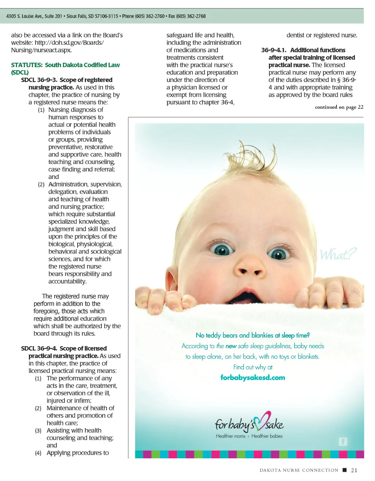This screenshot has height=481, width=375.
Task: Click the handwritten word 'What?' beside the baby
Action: pos(338,254)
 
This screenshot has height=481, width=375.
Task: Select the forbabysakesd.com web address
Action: pos(253,377)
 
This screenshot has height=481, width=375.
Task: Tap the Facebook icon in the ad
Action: pos(343,441)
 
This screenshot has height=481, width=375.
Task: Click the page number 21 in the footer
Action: pos(354,470)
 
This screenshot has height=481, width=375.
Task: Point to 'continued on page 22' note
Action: pos(339,107)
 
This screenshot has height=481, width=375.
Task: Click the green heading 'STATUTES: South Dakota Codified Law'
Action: pos(65,65)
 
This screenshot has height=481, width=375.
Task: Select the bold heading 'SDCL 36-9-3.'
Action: pos(39,80)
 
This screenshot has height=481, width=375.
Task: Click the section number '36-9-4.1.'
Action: pos(274,50)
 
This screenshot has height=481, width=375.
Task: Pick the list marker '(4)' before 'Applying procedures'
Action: pos(38,453)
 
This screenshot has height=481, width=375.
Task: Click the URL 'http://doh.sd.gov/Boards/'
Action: pos(69,42)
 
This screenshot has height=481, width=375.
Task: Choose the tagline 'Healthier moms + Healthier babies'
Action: pos(249,436)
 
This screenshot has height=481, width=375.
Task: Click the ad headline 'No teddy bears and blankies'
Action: pos(253,335)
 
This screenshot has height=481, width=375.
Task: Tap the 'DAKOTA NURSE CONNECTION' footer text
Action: pos(299,470)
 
